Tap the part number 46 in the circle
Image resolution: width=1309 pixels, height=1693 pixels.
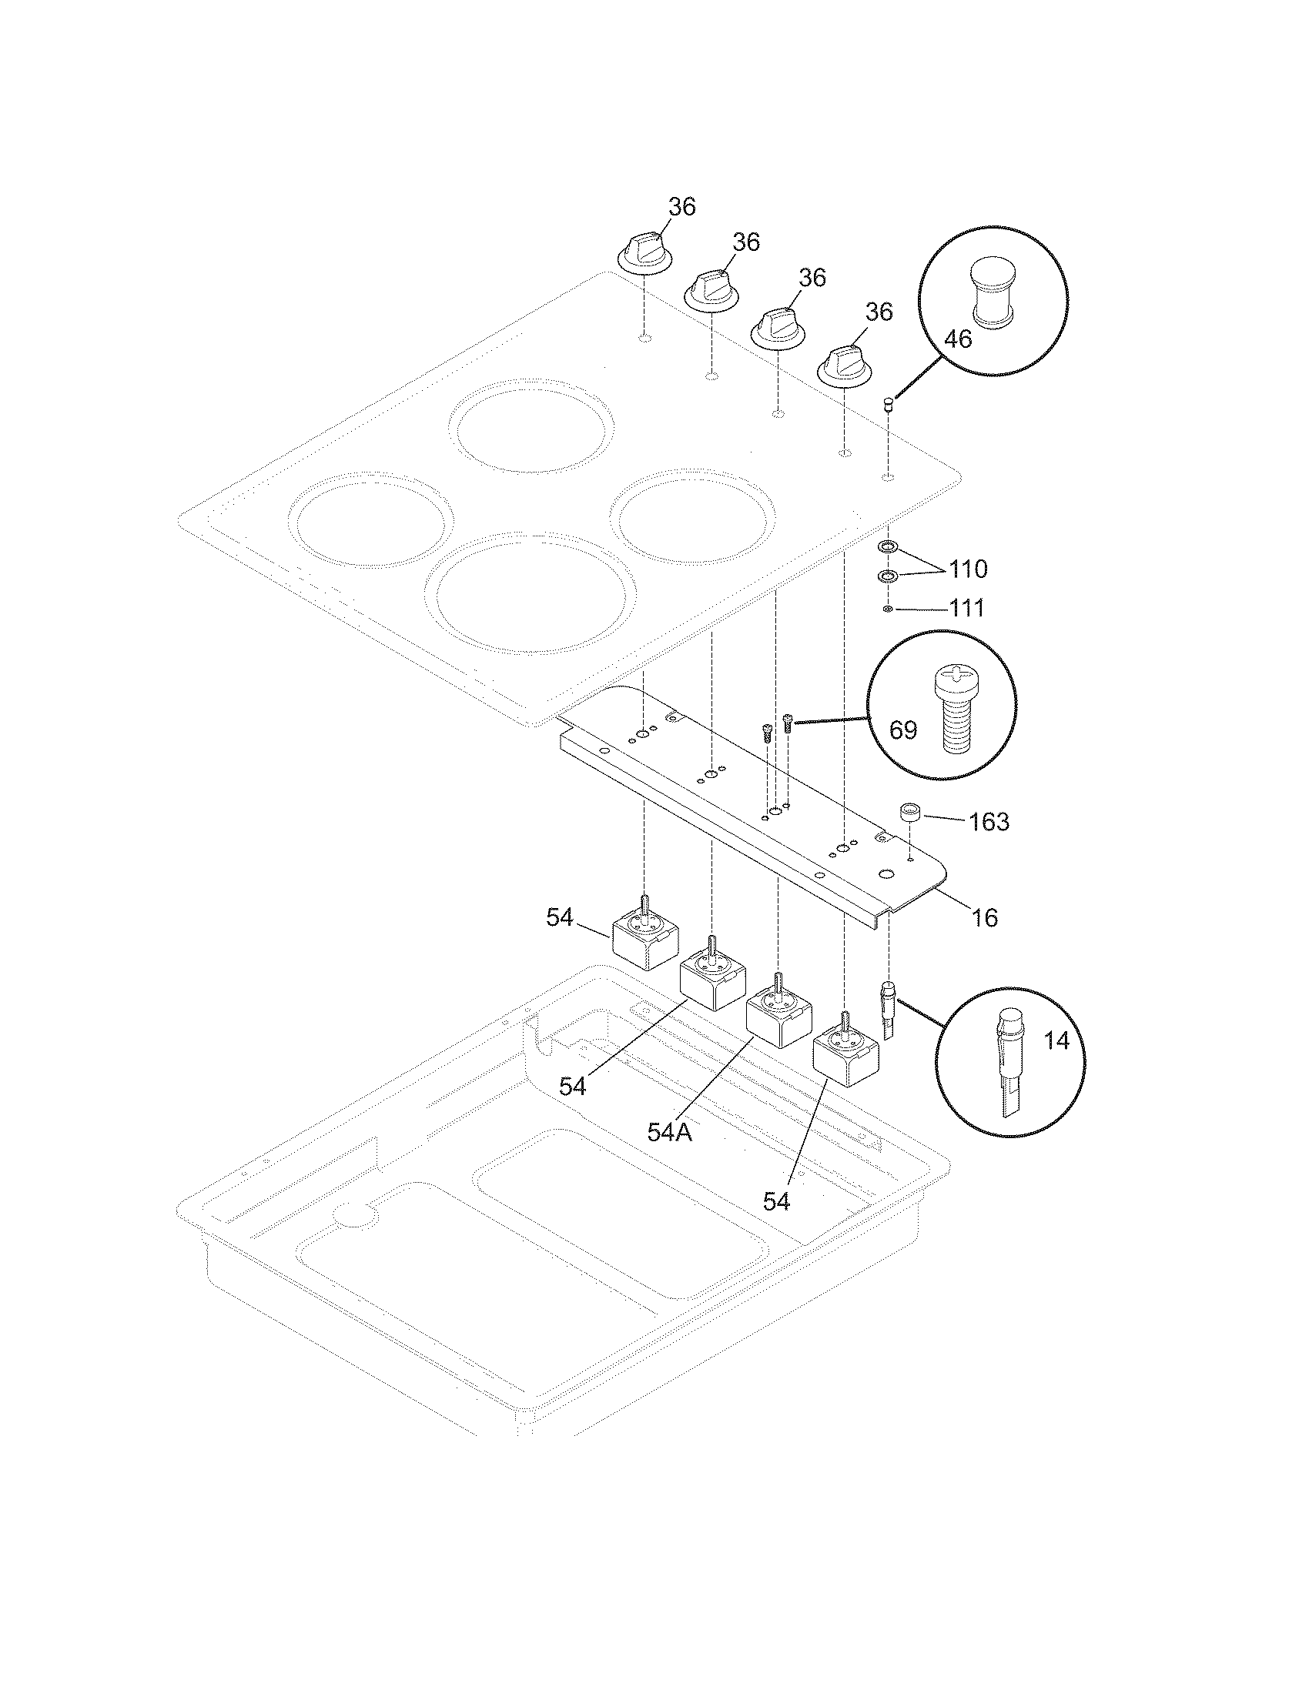pos(959,339)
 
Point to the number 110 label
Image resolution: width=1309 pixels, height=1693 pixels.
pos(968,569)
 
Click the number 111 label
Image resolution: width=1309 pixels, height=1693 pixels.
pos(967,609)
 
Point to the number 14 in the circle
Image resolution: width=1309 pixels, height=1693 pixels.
pos(1056,1040)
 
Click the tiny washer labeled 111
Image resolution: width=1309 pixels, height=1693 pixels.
pos(887,609)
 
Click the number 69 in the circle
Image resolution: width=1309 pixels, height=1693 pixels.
pos(902,730)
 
